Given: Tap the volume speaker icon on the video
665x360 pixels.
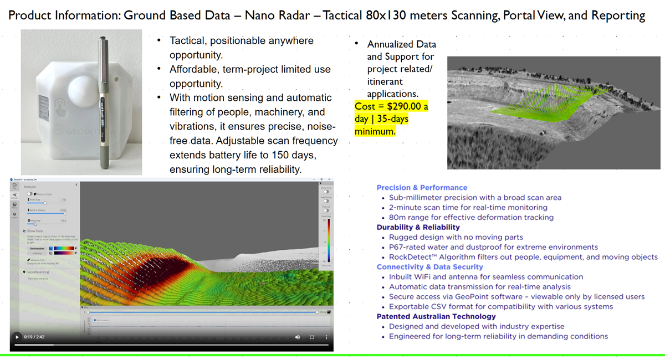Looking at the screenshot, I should click(298, 337).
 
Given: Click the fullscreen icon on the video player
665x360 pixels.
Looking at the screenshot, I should click(312, 337).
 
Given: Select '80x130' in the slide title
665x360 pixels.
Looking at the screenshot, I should click(393, 15).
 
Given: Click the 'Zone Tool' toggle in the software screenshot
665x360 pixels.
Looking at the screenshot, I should click(326, 192).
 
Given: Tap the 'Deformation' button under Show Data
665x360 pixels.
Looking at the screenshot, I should click(37, 249).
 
